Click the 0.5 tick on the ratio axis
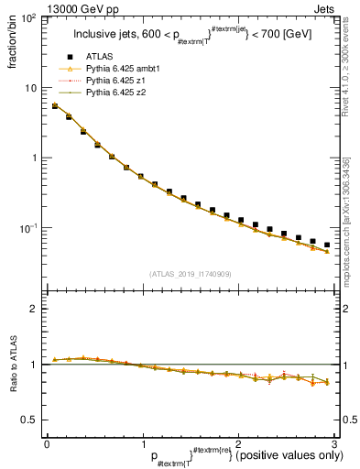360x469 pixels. tap(31, 420)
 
